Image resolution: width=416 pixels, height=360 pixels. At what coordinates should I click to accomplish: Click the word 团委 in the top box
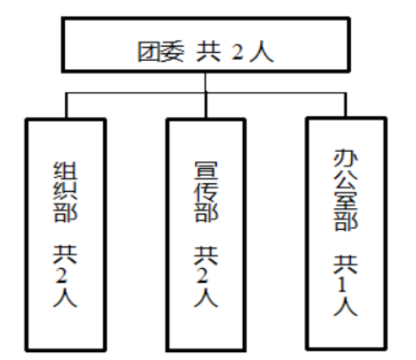pos(160,52)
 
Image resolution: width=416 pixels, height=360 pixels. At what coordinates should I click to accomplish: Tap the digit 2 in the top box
pos(237,52)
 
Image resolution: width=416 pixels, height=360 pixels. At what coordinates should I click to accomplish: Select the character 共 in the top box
pos(209,52)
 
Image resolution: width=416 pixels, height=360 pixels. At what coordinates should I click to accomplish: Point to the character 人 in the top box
pos(262,52)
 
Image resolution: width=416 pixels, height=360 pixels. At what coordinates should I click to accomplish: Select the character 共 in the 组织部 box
pos(65,254)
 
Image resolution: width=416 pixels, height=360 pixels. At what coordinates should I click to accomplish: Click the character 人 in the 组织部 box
pos(65,297)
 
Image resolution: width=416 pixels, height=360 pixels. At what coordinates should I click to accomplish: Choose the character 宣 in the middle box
pos(206,171)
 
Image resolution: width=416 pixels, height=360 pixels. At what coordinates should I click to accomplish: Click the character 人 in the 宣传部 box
pos(206,297)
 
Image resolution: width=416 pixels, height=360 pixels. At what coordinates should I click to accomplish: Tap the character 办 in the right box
pos(346,159)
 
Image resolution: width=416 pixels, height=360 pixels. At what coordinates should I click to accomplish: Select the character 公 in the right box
pos(346,180)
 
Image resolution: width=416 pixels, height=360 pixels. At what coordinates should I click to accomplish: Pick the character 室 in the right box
pos(346,200)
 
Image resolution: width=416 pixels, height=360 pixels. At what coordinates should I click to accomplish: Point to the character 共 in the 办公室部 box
pos(346,264)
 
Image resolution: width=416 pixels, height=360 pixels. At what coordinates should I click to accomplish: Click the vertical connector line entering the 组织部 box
pos(66,105)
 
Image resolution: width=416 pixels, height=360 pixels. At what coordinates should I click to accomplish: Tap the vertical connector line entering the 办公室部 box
pos(346,105)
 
